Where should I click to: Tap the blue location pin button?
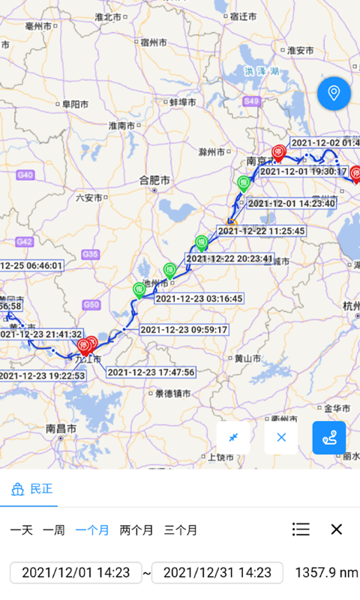(x=334, y=94)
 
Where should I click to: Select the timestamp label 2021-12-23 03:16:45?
(x=199, y=298)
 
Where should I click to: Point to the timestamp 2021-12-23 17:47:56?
(x=151, y=372)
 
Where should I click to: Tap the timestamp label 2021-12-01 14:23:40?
(x=291, y=203)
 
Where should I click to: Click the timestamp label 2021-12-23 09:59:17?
(x=184, y=329)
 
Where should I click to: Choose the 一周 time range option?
(x=53, y=530)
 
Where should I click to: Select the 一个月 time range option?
(x=91, y=530)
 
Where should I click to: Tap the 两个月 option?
(x=136, y=530)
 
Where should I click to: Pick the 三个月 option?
(x=181, y=530)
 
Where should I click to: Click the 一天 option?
(x=21, y=530)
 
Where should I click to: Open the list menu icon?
(x=301, y=529)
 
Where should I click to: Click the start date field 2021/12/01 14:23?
(x=76, y=573)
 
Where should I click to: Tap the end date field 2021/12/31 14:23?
(x=217, y=573)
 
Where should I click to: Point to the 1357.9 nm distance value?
(x=326, y=573)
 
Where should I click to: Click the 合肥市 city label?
(x=155, y=180)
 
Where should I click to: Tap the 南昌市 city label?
(x=61, y=428)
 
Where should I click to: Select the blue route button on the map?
(x=328, y=437)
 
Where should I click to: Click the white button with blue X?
(x=281, y=437)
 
